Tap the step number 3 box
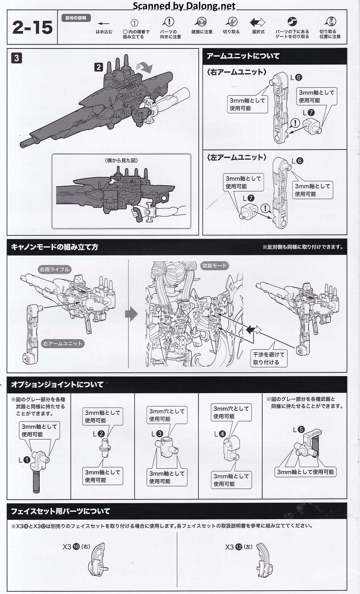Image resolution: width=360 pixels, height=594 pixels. (16, 58)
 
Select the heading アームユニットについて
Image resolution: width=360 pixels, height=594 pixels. (243, 56)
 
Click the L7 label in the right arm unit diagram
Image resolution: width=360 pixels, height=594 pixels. (308, 112)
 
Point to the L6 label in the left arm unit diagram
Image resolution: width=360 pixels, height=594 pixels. (297, 161)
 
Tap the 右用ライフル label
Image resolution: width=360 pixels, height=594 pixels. (54, 269)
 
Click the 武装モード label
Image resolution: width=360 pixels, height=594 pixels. (214, 266)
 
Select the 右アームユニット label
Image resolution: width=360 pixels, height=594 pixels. (62, 343)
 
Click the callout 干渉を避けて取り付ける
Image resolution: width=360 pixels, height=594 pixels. (268, 358)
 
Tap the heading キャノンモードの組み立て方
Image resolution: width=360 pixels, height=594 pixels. (55, 247)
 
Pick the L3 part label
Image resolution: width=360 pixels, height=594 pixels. (157, 433)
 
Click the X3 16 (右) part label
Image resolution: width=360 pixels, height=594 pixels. (76, 547)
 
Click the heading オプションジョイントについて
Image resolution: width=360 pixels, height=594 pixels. (57, 385)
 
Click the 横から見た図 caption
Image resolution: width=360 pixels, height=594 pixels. (122, 161)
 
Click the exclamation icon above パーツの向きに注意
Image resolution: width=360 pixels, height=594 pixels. (168, 22)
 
